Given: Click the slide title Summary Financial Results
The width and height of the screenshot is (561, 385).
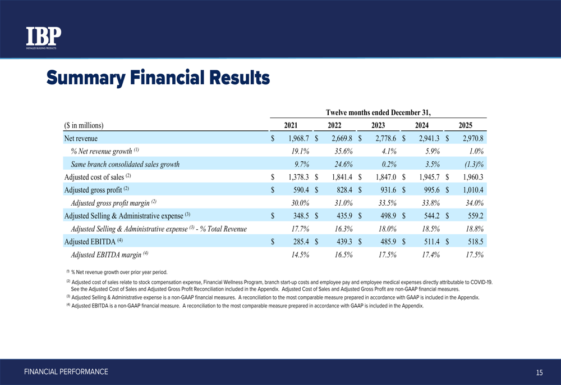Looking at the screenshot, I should point(158,77).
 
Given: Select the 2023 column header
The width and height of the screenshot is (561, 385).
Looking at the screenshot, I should point(379,125).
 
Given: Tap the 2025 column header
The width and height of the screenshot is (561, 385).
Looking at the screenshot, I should point(465,125).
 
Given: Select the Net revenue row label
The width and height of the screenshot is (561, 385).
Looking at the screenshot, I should point(81,138).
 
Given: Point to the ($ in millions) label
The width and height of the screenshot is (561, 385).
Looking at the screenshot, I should point(84,125).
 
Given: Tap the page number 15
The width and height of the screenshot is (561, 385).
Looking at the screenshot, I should point(539,373).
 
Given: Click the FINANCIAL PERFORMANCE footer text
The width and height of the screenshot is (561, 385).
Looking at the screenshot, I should point(66,372).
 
